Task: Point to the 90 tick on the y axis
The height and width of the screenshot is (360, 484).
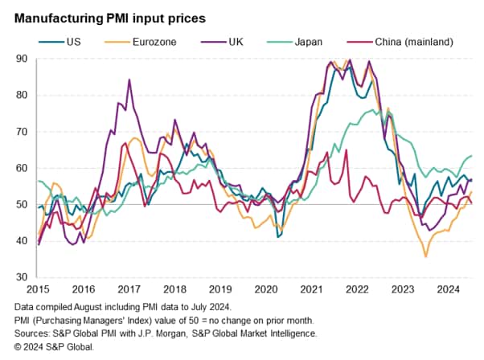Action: click(x=25, y=59)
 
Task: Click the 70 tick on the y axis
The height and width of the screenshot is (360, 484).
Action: click(x=25, y=131)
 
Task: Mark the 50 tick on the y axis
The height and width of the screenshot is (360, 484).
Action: click(x=25, y=204)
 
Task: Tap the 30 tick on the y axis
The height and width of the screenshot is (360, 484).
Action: click(x=25, y=276)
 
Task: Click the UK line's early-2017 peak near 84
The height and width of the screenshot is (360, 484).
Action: click(x=129, y=80)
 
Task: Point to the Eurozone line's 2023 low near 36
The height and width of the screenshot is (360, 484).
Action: click(x=425, y=256)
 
